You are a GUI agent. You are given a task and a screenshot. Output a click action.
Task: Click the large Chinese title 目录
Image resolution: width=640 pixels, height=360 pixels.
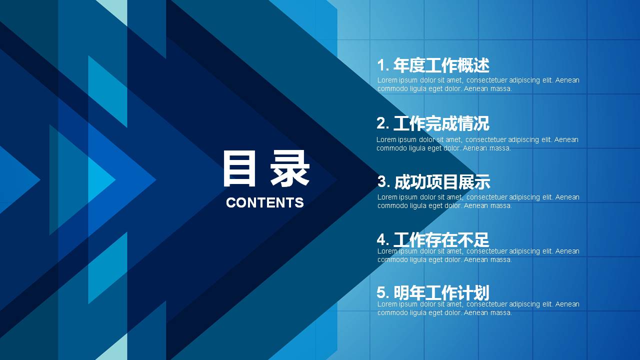point(266,168)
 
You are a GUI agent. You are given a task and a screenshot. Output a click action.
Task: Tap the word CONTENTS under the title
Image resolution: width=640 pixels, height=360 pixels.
point(265,202)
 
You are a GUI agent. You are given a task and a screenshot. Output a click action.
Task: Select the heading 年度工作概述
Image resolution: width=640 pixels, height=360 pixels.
point(441,65)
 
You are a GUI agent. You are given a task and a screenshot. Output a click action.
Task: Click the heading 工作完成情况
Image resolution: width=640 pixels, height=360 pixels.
point(441,123)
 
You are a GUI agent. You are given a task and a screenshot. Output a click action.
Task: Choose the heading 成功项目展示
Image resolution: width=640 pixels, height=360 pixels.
point(442,182)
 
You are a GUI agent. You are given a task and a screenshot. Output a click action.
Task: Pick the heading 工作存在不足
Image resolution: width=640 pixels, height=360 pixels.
point(441,240)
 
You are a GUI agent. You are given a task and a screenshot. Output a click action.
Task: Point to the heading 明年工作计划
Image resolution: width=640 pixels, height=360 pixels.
point(441,292)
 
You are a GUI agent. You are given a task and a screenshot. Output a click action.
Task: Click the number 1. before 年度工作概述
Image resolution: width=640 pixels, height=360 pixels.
point(383,65)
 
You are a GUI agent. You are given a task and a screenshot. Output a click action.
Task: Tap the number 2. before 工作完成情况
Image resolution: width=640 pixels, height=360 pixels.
point(383,123)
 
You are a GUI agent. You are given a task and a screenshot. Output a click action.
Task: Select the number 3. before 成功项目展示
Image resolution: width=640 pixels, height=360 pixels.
point(383,181)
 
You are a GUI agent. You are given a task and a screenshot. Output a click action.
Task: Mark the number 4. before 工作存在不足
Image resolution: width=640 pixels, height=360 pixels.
point(383,239)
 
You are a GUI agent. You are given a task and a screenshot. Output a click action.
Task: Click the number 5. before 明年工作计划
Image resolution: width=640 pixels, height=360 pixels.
point(383,292)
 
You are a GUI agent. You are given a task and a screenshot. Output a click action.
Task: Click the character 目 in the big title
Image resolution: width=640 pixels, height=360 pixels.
point(239,168)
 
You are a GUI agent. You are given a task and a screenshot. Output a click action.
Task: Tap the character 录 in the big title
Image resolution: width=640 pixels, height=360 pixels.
point(290,168)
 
